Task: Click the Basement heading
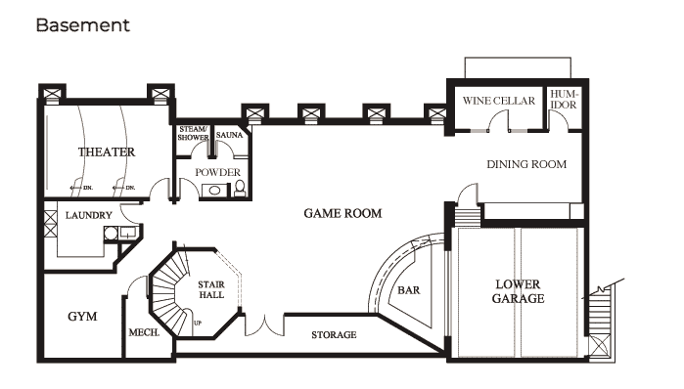pos(83,25)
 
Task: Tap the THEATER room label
pos(107,152)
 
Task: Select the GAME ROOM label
pos(342,213)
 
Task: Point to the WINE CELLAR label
pos(499,101)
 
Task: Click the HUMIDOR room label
pos(564,100)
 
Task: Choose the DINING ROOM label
pos(526,164)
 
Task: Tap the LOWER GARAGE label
pos(518,291)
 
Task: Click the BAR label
pos(409,290)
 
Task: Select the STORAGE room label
pos(334,335)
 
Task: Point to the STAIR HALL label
pos(211,289)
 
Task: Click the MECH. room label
pos(144,333)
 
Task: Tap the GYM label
pos(82,317)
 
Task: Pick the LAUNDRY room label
pos(88,215)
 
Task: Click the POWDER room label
pos(217,172)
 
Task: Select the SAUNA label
pos(229,135)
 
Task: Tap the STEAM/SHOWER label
pos(193,133)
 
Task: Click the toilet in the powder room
pos(240,189)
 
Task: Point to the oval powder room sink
pos(215,191)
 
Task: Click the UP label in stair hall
pos(198,324)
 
